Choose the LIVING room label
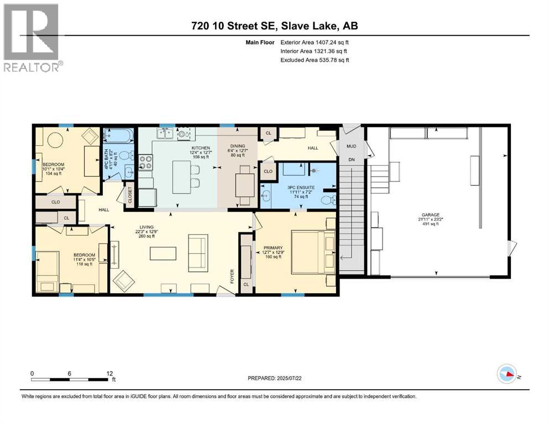coord(146,225)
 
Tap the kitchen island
coord(182,177)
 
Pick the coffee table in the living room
coord(162,253)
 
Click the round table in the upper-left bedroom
coord(54,141)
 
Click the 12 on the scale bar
coord(109,373)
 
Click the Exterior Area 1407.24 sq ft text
coord(315,42)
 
